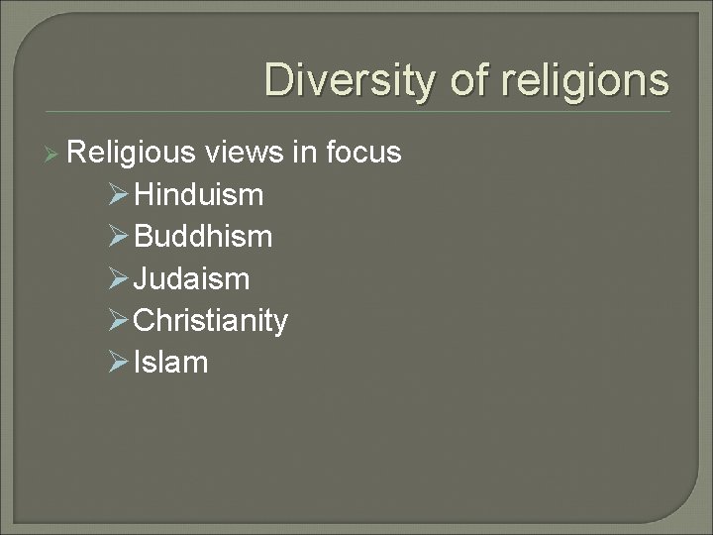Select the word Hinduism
[x=198, y=195]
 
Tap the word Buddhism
[x=203, y=237]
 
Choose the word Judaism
[x=191, y=279]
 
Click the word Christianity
[x=210, y=321]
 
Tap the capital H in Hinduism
[x=144, y=195]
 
